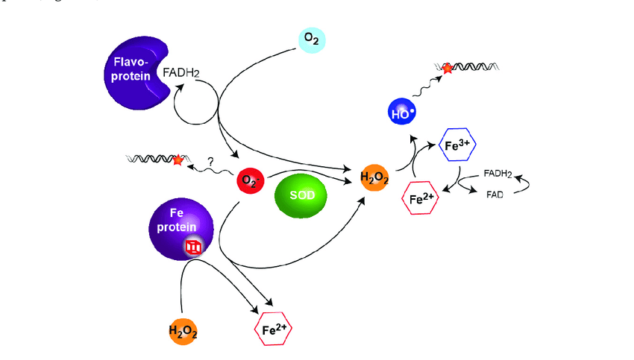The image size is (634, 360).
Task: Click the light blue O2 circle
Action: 311,39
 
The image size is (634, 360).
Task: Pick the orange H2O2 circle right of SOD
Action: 373,177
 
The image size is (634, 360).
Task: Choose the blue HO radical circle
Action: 403,113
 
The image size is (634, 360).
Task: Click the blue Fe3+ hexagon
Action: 455,145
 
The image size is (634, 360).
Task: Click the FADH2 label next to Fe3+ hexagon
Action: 498,173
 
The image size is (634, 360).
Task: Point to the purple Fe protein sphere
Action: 181,229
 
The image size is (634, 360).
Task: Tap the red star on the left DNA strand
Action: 177,160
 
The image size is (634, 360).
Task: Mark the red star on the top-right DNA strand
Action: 447,69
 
